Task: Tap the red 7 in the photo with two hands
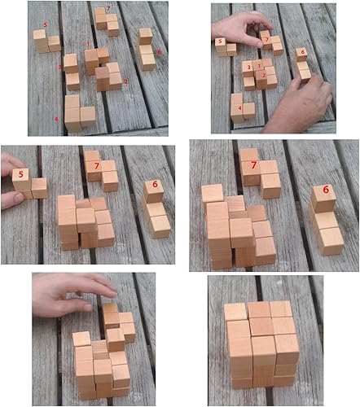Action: [x=266, y=38]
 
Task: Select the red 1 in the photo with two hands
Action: [x=259, y=65]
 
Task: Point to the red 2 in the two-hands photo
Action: [x=263, y=76]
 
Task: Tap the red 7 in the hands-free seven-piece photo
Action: [x=108, y=9]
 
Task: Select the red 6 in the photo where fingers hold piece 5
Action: [x=152, y=186]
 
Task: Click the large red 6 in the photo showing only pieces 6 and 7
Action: [x=326, y=191]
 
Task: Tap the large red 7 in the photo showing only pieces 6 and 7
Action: [x=254, y=165]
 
